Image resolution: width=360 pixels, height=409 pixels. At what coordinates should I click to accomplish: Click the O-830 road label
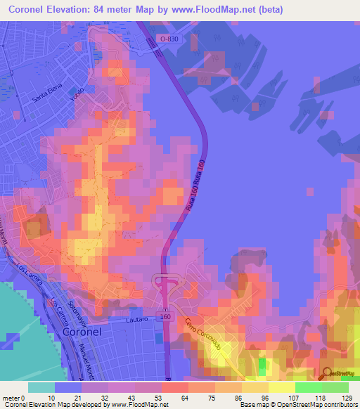tap(168, 39)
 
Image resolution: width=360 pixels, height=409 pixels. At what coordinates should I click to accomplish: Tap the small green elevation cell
tap(262, 366)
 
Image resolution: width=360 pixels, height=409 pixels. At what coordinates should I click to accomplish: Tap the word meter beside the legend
tap(11, 397)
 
